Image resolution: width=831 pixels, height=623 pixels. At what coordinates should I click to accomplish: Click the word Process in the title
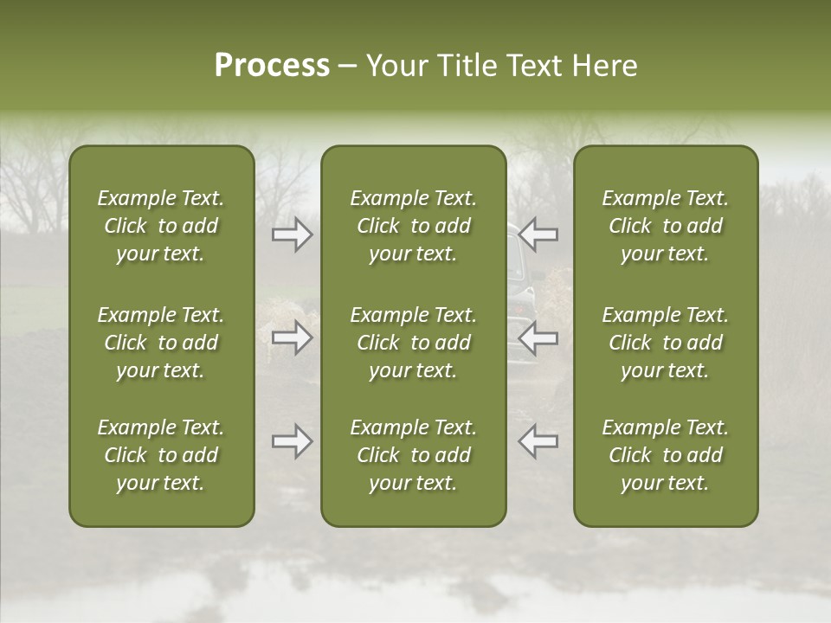click(x=272, y=66)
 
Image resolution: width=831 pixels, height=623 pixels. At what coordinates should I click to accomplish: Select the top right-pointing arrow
click(x=293, y=234)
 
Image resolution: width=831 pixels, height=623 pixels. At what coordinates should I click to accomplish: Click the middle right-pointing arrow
click(x=293, y=337)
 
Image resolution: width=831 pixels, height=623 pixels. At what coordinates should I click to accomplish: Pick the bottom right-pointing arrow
click(x=293, y=441)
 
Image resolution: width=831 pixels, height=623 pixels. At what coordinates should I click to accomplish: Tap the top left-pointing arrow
click(x=538, y=234)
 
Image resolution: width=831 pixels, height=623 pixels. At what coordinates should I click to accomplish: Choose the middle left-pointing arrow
click(x=538, y=337)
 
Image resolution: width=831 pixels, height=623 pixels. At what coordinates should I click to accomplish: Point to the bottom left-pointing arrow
click(x=538, y=441)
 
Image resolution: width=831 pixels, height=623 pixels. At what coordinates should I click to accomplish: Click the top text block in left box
click(x=161, y=226)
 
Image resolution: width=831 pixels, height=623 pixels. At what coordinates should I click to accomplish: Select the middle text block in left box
click(x=161, y=343)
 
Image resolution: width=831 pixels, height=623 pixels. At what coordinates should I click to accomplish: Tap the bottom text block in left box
click(x=161, y=455)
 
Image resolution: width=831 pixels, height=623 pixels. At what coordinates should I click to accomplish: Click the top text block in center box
click(x=413, y=226)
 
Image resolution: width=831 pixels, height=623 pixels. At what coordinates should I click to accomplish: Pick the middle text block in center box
click(x=413, y=343)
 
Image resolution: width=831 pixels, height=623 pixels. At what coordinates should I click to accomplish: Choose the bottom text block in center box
click(x=413, y=455)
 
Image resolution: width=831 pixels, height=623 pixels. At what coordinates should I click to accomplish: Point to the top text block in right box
click(x=665, y=226)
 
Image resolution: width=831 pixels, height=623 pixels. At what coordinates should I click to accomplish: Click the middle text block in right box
click(x=665, y=343)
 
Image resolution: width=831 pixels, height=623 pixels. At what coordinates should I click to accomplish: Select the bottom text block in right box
click(x=665, y=455)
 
